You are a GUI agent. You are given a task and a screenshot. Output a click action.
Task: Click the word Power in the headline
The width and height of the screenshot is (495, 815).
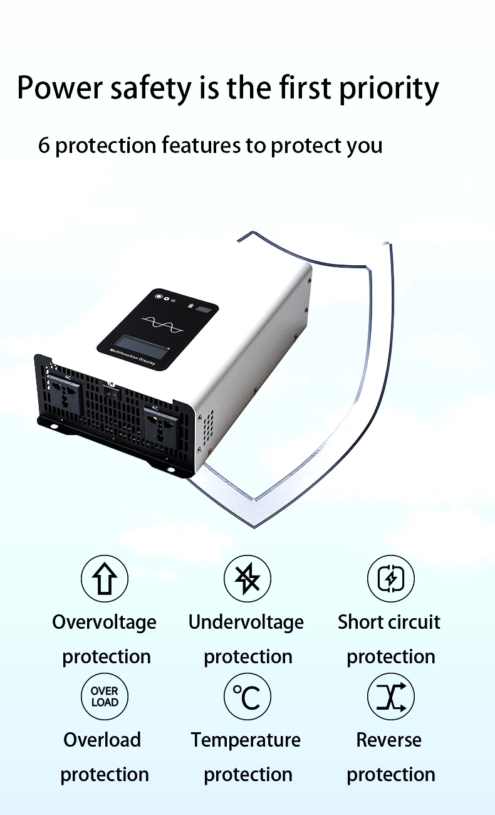(60, 88)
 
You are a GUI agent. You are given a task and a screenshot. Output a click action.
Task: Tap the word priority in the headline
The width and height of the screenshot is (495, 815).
(389, 89)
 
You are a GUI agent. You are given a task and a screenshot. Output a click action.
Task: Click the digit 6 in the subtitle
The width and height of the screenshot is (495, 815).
(44, 145)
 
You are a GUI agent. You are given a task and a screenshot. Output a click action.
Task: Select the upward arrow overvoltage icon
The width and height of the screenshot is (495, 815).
(105, 578)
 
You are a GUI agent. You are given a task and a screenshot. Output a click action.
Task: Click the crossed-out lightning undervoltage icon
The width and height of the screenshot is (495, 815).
(247, 578)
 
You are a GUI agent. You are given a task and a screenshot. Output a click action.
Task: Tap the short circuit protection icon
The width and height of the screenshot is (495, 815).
(390, 578)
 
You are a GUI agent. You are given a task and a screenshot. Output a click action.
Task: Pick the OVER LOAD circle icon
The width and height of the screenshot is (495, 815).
(105, 697)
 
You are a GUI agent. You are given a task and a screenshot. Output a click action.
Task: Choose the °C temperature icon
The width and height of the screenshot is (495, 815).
(247, 697)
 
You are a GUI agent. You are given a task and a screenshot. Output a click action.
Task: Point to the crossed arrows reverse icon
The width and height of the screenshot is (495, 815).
(390, 697)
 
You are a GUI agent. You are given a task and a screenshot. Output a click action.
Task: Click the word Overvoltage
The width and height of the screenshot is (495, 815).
(105, 623)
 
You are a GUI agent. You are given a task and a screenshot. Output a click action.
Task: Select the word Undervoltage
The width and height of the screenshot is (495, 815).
(246, 623)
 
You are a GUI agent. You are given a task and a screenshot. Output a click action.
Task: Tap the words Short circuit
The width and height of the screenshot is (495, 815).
(389, 622)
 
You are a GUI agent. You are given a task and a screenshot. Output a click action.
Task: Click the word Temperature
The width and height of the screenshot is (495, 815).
(246, 740)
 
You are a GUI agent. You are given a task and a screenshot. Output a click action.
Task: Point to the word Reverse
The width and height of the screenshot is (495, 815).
(389, 740)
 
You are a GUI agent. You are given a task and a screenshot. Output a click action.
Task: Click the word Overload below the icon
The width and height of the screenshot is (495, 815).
(102, 740)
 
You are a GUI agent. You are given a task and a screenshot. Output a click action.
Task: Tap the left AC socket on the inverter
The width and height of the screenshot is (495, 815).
(65, 396)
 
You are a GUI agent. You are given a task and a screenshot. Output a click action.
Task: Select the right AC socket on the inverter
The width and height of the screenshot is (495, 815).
(160, 426)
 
